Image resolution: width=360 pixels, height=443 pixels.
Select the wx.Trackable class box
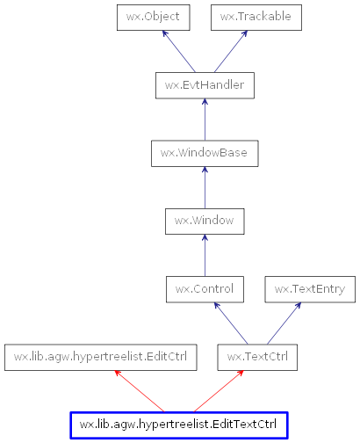256,17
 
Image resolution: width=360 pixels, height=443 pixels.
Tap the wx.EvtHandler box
204,85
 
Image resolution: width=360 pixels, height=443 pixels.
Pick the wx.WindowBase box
204,153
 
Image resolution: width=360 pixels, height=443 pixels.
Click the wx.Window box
204,221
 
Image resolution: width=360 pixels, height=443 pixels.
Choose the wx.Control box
204,288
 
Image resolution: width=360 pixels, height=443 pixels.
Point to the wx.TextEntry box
310,288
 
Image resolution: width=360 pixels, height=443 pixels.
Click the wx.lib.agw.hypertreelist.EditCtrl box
100,357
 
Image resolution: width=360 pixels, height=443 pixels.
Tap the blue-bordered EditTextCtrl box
178,425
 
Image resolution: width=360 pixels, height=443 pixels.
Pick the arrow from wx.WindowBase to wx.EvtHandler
204,120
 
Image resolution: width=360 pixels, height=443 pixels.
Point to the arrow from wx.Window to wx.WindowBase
204,187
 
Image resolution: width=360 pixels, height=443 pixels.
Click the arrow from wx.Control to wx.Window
204,255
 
